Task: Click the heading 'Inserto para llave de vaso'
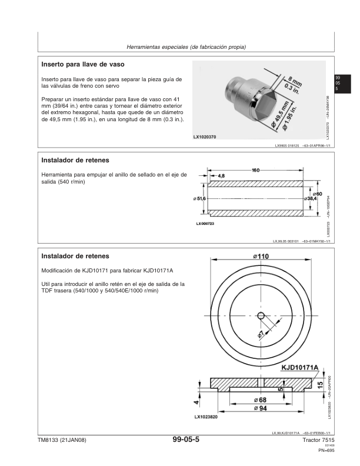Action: pyautogui.click(x=82, y=63)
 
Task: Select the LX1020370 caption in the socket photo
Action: pyautogui.click(x=205, y=137)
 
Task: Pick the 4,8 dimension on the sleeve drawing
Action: pyautogui.click(x=221, y=175)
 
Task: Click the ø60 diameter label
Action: pyautogui.click(x=316, y=193)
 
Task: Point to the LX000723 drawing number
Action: pyautogui.click(x=205, y=224)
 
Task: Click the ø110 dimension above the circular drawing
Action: pyautogui.click(x=261, y=256)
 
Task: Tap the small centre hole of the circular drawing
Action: pyautogui.click(x=261, y=316)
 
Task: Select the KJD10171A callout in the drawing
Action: pyautogui.click(x=299, y=368)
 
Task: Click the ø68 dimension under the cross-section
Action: pyautogui.click(x=259, y=400)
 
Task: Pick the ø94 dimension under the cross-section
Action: pyautogui.click(x=259, y=408)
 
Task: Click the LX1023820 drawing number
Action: pyautogui.click(x=206, y=417)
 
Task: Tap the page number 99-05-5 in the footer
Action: pyautogui.click(x=186, y=440)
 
